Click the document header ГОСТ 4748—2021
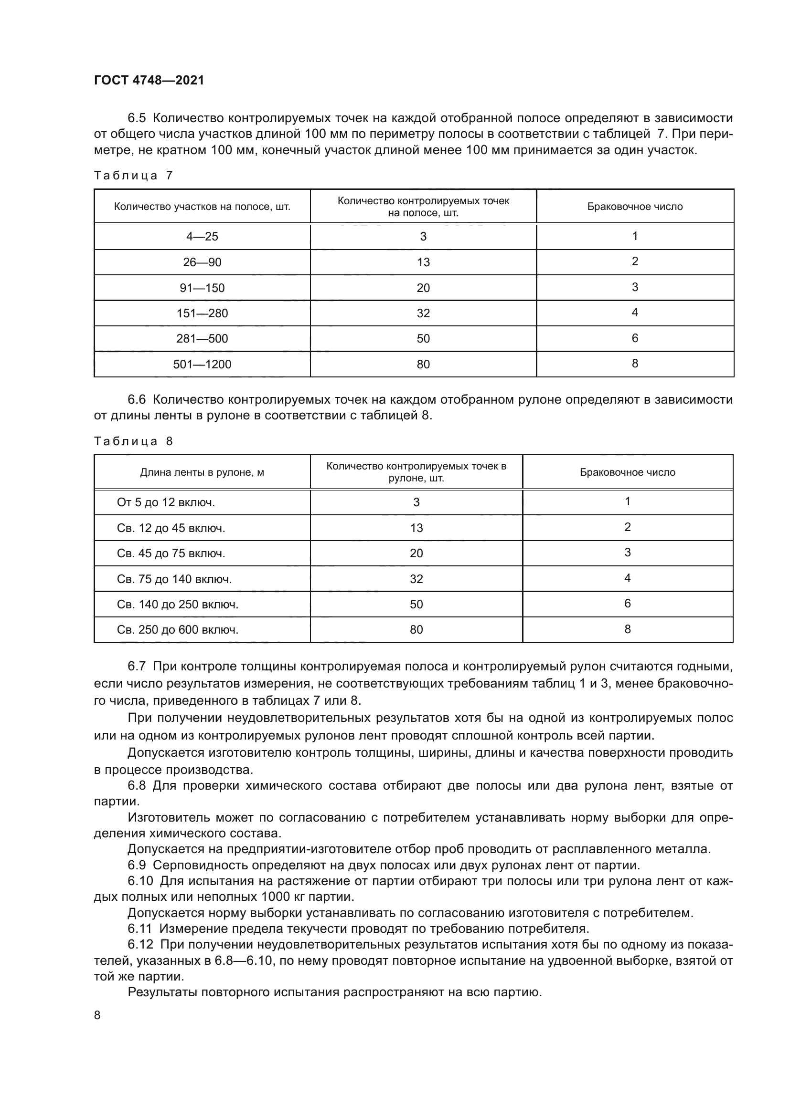149,80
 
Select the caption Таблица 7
133,176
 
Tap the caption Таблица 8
133,441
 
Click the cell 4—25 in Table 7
202,237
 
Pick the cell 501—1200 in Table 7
202,364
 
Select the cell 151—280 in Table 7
202,313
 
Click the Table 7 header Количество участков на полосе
202,207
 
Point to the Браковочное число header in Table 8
627,472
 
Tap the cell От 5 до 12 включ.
165,502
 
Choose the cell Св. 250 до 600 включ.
178,630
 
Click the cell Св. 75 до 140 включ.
174,579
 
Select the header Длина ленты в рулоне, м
202,472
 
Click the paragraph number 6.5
137,118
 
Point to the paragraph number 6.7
137,666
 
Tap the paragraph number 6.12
140,944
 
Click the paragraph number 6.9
137,865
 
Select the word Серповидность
204,865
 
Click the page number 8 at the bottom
97,1015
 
